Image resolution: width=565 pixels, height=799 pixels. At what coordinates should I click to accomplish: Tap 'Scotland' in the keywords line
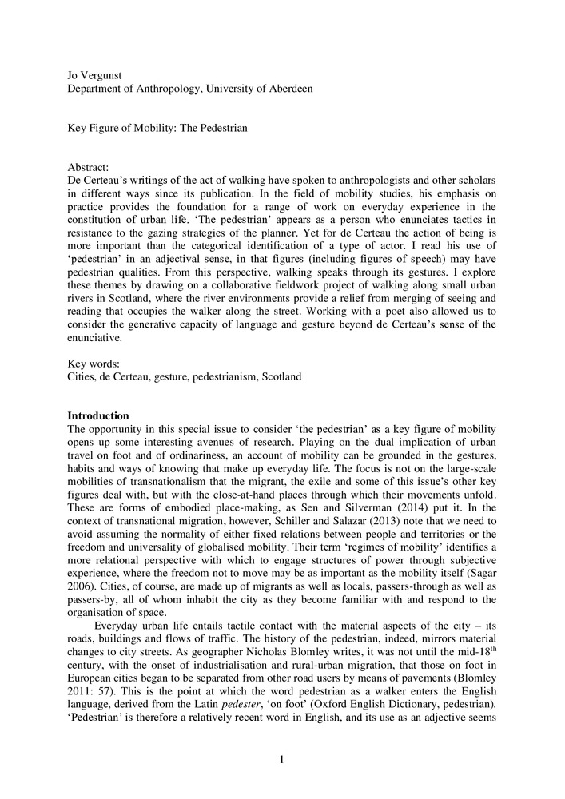tap(280, 376)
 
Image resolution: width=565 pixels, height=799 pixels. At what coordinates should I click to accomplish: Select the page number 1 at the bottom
tap(282, 759)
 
